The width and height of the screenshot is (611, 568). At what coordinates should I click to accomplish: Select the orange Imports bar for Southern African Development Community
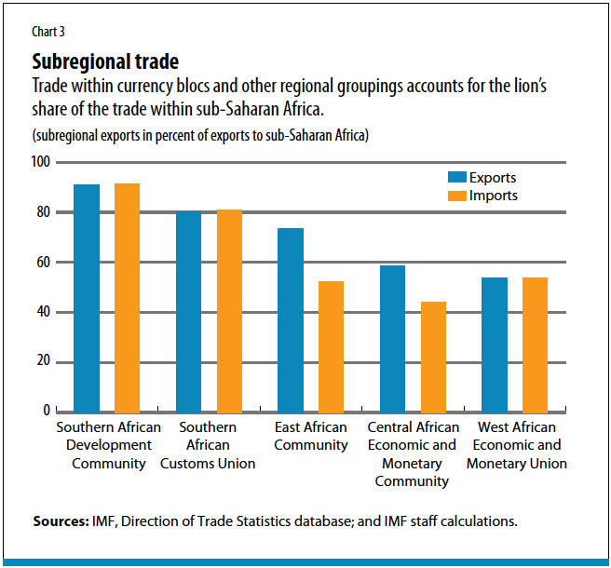tap(127, 297)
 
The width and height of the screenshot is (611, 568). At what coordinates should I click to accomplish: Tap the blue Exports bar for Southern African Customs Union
tap(188, 311)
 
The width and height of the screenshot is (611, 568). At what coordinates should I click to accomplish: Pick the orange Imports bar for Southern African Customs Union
tap(229, 310)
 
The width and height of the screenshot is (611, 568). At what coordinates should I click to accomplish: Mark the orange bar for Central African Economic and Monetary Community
tap(433, 357)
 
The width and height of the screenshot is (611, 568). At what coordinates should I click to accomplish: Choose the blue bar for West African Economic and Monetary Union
tap(495, 345)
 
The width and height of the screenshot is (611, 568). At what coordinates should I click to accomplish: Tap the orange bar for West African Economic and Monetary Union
tap(536, 345)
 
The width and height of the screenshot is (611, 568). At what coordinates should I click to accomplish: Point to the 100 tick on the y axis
tap(42, 163)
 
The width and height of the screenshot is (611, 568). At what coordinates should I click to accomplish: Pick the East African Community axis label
tap(311, 436)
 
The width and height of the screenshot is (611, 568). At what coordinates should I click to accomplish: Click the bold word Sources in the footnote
tap(61, 521)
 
